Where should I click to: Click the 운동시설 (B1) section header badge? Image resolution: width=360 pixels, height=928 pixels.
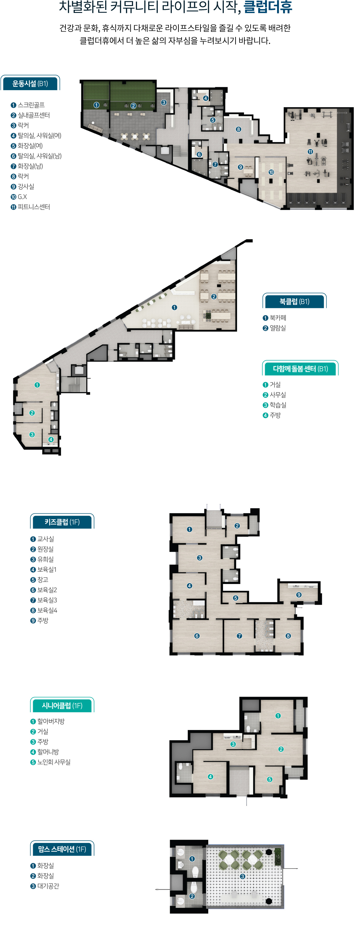pos(30,84)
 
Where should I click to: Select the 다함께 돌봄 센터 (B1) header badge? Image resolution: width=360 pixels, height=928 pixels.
pos(300,369)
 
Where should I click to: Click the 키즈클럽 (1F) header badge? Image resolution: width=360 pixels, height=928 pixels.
pos(62,522)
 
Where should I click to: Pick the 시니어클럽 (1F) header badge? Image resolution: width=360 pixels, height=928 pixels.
pos(62,705)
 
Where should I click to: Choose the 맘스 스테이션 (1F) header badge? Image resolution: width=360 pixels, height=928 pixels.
pos(62,849)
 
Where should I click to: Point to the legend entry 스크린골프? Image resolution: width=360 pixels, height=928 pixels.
pos(31,105)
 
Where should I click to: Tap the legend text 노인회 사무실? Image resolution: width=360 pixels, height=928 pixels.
pos(54,762)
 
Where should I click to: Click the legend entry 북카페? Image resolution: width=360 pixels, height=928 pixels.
pos(278,318)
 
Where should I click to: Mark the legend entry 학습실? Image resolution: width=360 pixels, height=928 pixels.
pos(278,405)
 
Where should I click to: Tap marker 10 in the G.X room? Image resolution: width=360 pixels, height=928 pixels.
pos(271,172)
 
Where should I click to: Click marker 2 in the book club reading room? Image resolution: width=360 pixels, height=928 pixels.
pos(214,297)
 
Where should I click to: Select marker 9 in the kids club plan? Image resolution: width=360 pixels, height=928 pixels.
pos(299,595)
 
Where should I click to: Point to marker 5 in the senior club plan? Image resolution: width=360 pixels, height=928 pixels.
pos(270,779)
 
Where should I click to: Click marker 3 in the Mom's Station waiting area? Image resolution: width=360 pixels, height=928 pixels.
pos(243,876)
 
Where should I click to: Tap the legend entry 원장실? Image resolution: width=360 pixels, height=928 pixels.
pos(45,549)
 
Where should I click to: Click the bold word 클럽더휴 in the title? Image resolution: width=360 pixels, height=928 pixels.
pos(268,7)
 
